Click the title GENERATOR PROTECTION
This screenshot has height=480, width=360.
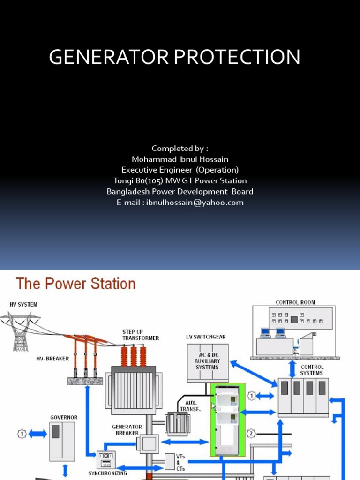[174, 57]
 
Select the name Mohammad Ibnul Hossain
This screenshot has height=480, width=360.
[180, 159]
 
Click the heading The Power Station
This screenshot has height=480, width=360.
[75, 284]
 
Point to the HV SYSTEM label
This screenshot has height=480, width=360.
[23, 305]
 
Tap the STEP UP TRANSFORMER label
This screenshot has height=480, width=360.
[141, 335]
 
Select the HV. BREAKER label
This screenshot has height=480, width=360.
[52, 359]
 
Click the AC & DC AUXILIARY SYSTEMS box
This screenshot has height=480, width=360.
[207, 361]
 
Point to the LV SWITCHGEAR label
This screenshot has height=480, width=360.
[206, 337]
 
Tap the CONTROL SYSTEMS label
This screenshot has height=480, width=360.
[312, 370]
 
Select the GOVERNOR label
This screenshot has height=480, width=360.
[64, 417]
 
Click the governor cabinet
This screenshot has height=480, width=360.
[62, 441]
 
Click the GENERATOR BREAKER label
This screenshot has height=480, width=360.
[127, 430]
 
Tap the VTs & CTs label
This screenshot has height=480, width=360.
[181, 462]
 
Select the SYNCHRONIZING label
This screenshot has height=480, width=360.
[108, 473]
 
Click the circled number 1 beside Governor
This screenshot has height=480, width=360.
[22, 434]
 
